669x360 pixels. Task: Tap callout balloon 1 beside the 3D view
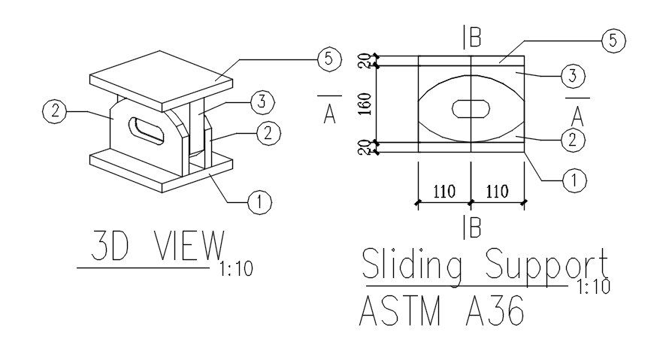(259, 201)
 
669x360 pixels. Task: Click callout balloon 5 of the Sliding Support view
(613, 41)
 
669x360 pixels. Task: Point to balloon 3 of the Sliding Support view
(574, 75)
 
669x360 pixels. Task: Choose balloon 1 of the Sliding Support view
(574, 180)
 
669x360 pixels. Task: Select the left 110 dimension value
(443, 192)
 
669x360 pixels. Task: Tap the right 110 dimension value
(496, 192)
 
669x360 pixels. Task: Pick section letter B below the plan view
(474, 227)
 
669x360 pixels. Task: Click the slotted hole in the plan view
(471, 109)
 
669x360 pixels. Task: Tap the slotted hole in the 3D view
(147, 130)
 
